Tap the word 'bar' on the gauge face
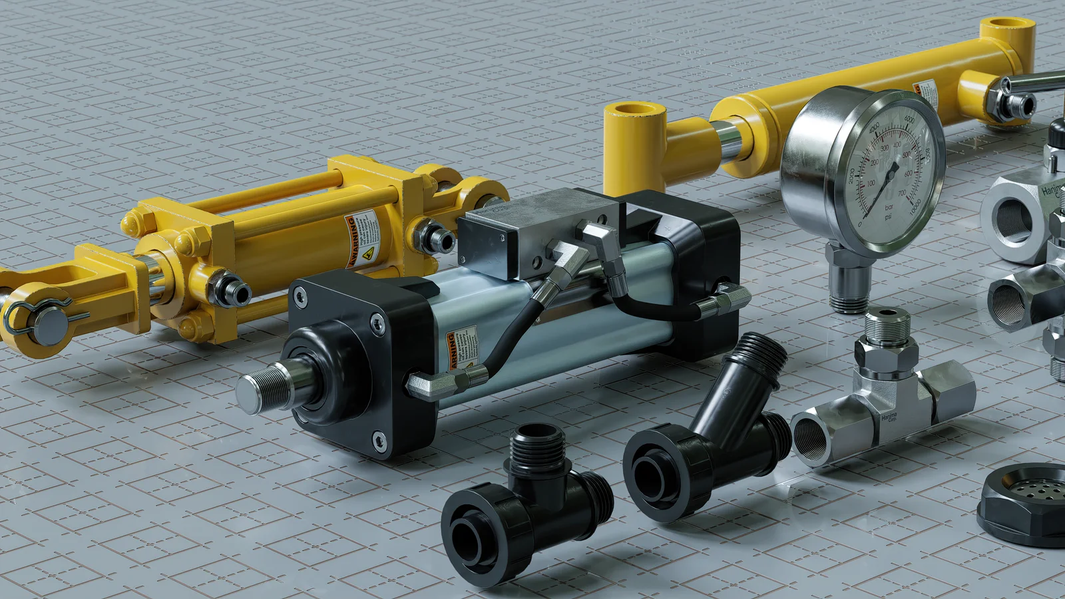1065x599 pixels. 889,208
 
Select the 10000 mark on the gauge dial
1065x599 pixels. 917,204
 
